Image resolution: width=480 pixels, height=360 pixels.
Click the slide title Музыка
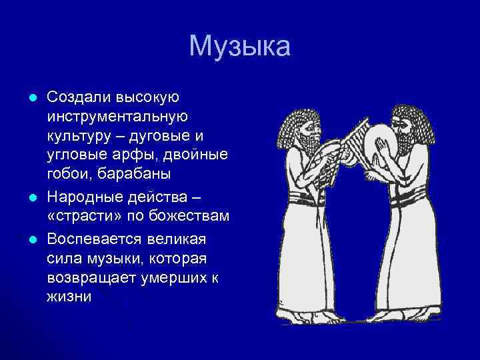pos(240,47)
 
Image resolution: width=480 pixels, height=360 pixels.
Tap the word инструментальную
pos(117,117)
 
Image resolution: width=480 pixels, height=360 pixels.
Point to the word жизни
pos(69,296)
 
